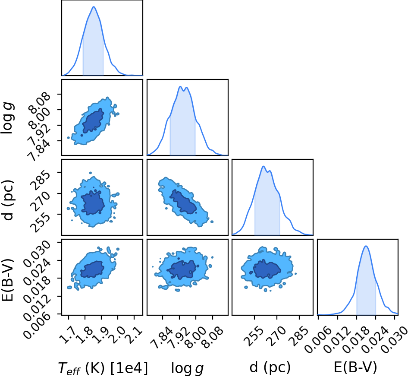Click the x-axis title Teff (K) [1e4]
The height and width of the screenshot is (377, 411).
(103, 368)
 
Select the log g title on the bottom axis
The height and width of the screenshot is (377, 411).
(187, 368)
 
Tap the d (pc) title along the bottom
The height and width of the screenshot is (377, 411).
(270, 367)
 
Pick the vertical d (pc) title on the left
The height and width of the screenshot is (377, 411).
(8, 200)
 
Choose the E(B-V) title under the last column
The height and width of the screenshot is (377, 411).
(355, 367)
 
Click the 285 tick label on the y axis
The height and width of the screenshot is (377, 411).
(41, 181)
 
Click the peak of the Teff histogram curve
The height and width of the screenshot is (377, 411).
(94, 6)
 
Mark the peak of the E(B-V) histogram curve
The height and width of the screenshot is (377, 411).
(366, 246)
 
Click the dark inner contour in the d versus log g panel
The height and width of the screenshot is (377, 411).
(183, 202)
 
